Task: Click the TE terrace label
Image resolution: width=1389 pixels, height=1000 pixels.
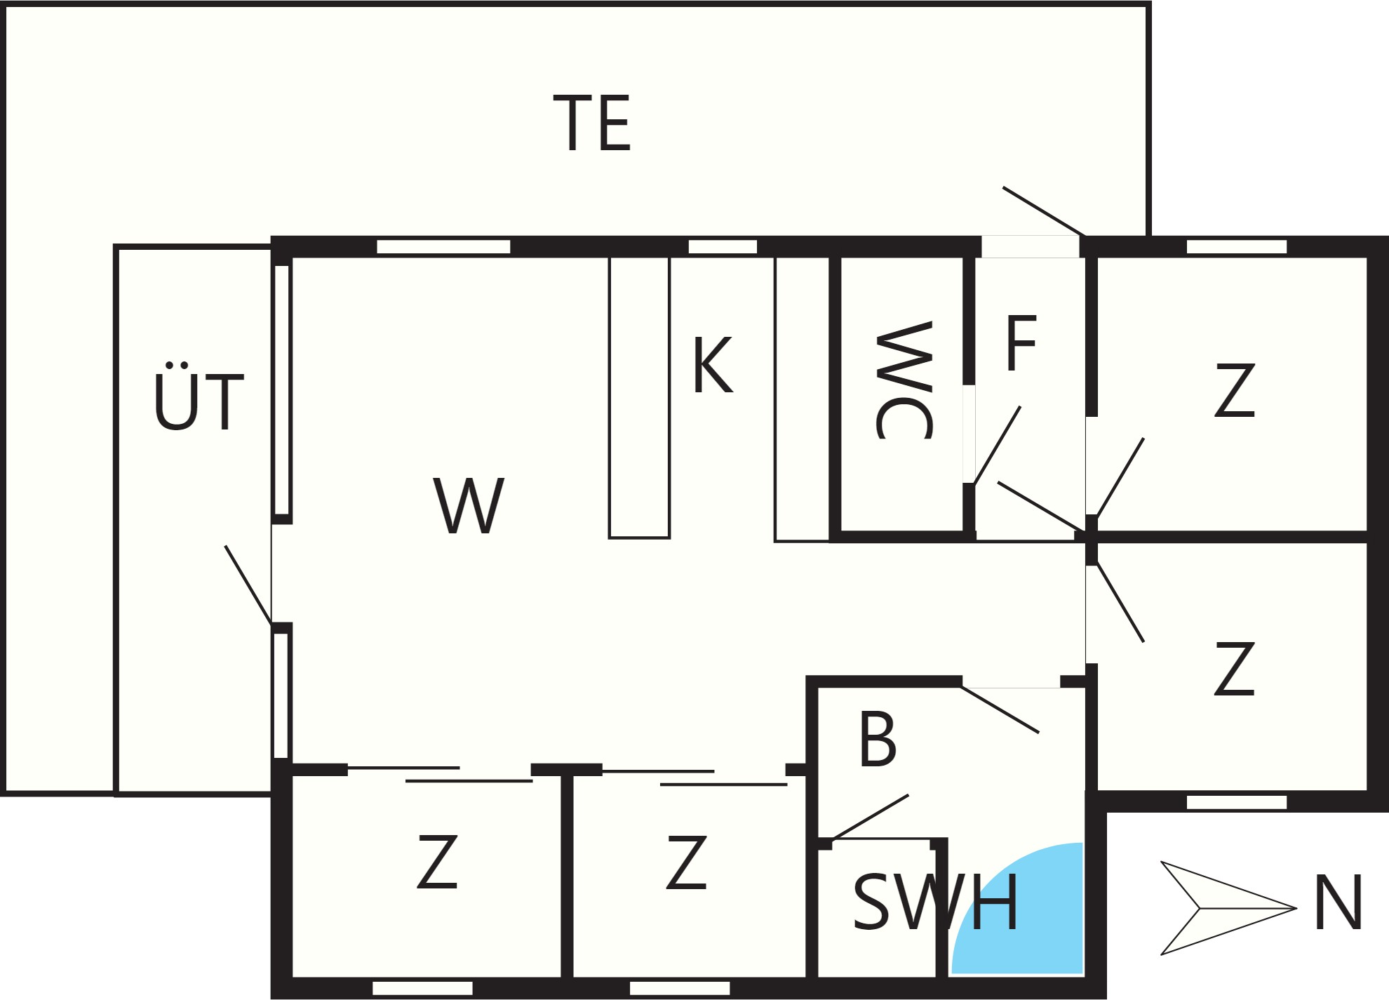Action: [592, 124]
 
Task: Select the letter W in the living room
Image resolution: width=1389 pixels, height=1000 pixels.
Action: [469, 505]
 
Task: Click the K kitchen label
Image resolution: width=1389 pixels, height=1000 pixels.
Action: [713, 365]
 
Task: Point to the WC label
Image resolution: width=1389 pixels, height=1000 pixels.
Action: [905, 380]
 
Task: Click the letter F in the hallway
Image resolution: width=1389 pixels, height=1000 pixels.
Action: [1021, 343]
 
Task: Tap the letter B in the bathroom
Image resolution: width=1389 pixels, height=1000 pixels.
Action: [878, 739]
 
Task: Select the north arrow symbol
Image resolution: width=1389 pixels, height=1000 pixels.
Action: [1228, 908]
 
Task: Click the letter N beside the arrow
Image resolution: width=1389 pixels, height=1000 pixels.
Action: [1339, 902]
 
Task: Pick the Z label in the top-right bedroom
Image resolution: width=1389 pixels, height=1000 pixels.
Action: [1235, 390]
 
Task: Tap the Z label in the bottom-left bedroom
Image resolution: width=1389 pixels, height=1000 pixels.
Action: [437, 862]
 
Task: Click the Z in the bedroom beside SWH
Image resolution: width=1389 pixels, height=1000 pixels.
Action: [687, 862]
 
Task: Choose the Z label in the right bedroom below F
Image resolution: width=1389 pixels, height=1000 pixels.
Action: [1235, 668]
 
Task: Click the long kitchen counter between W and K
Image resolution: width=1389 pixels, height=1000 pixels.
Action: [639, 397]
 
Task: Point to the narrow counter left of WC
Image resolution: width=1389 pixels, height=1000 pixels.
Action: [803, 399]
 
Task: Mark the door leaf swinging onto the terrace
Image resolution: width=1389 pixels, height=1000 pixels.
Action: [1044, 211]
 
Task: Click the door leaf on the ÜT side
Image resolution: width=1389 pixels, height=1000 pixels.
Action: [248, 584]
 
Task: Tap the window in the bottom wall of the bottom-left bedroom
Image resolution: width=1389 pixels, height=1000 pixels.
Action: [422, 988]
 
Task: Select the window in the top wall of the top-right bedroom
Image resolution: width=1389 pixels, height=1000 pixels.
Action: [1237, 246]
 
